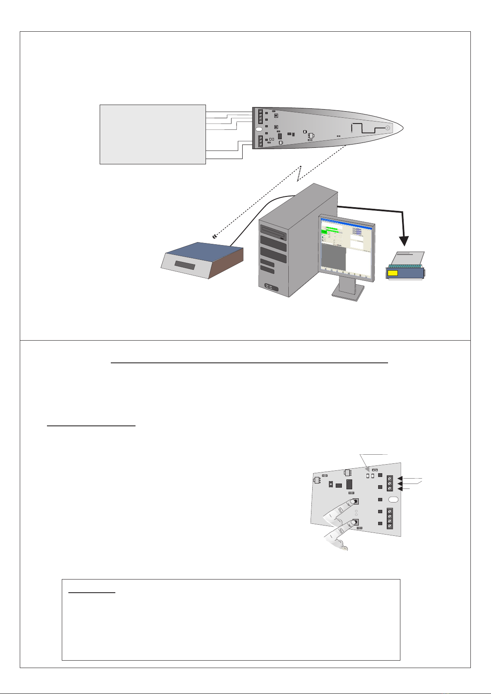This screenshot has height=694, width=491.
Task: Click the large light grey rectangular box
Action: (152, 134)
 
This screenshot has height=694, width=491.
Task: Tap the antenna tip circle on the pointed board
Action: (388, 128)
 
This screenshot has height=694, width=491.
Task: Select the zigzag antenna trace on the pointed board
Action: (365, 128)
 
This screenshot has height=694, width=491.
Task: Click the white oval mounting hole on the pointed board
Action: (259, 129)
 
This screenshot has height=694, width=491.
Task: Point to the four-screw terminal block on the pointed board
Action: (260, 117)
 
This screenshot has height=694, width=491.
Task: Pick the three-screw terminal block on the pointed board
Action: (260, 141)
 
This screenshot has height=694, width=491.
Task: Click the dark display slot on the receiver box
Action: (185, 265)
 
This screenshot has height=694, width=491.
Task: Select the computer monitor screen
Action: (347, 252)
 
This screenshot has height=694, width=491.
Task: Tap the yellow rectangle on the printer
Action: (393, 273)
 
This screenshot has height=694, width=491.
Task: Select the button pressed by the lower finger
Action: (355, 522)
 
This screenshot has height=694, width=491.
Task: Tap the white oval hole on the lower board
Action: (393, 500)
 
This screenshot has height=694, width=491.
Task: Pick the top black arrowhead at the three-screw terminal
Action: (400, 478)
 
